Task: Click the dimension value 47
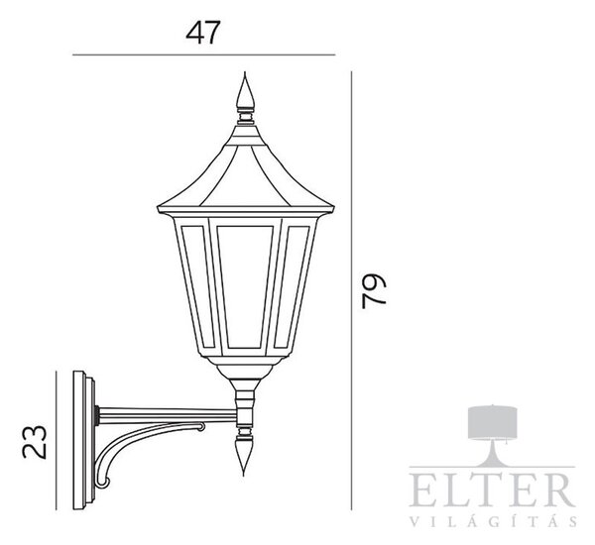click(203, 33)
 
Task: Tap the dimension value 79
click(374, 291)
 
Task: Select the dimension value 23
click(34, 442)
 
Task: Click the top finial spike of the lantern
click(245, 90)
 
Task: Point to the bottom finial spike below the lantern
click(244, 456)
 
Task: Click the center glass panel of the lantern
click(245, 286)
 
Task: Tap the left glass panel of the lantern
click(197, 286)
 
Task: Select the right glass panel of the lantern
click(293, 286)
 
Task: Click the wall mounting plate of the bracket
click(84, 440)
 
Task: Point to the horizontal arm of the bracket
click(167, 414)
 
